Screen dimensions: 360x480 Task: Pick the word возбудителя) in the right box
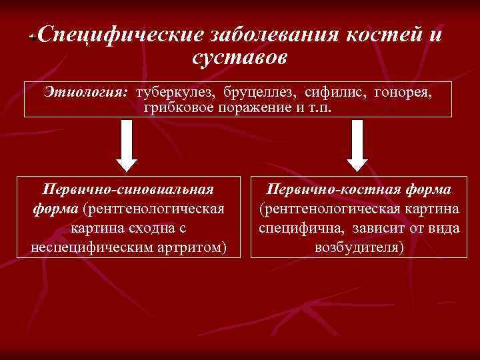pos(359,248)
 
